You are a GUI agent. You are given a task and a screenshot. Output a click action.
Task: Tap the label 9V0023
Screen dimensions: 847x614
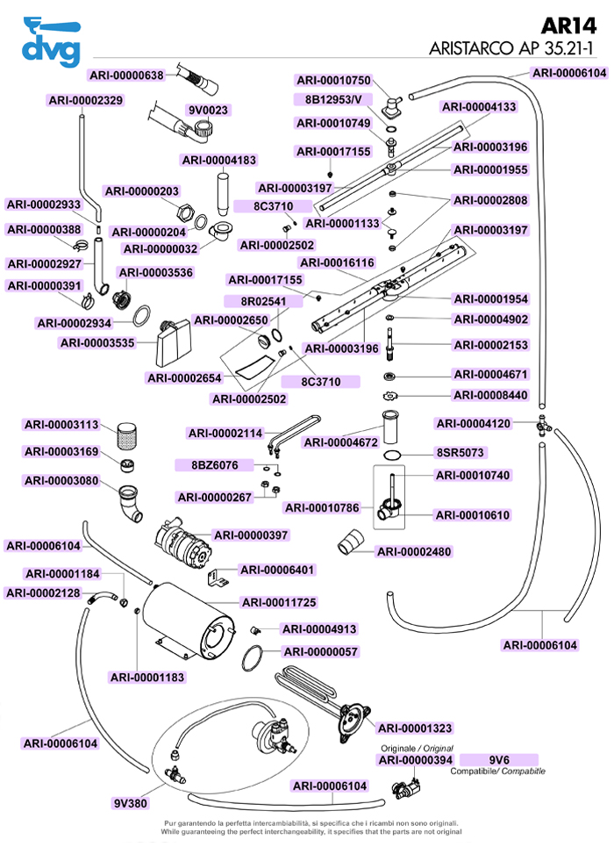[x=208, y=111]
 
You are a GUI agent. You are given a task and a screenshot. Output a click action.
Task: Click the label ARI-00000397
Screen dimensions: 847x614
[x=252, y=535]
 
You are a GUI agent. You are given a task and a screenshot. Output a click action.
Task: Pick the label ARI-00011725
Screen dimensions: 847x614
[x=279, y=602]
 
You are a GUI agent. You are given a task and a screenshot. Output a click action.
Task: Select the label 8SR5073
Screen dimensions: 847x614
[x=461, y=453]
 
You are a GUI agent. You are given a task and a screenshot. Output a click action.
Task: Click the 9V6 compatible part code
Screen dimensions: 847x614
[x=499, y=759]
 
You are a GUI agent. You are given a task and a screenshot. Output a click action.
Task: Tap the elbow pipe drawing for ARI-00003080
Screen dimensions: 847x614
[x=131, y=503]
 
